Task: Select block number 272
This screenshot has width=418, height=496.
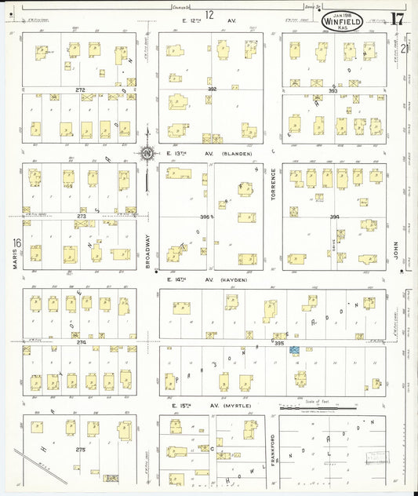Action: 79,90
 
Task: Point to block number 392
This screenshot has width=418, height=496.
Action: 212,89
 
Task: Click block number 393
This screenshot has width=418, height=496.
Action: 333,90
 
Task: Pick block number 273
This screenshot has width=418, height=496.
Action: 81,216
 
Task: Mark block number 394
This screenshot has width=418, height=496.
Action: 335,217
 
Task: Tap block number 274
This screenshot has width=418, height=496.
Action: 81,342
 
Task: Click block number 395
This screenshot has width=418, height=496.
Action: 279,342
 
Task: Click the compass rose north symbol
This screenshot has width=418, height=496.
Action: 147,155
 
